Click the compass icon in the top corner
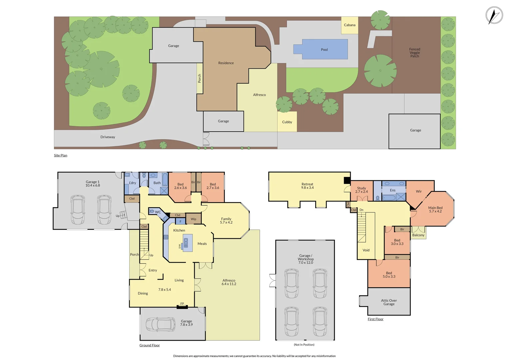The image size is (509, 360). (x=494, y=15)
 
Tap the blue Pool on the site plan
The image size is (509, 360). (x=324, y=49)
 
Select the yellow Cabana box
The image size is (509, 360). (x=349, y=25)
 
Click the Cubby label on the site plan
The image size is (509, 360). (x=287, y=122)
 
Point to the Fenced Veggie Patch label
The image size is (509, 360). (x=414, y=53)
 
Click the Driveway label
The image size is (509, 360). (x=108, y=137)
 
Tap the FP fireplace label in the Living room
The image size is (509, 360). (x=182, y=304)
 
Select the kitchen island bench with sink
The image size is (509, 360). (x=188, y=243)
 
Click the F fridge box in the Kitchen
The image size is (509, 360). (x=181, y=221)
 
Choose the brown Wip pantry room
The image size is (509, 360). (x=193, y=219)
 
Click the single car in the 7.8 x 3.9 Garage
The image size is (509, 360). (x=161, y=324)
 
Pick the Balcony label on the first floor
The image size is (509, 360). (x=418, y=235)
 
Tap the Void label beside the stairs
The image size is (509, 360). (x=366, y=250)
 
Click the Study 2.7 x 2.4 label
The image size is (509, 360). (x=361, y=190)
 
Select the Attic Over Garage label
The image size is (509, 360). (x=389, y=302)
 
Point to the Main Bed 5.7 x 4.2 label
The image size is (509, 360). (x=435, y=209)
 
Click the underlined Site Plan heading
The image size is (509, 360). (x=61, y=155)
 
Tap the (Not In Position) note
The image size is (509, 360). (x=304, y=345)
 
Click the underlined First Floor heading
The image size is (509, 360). (x=375, y=319)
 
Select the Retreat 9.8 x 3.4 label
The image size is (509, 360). (x=307, y=186)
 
